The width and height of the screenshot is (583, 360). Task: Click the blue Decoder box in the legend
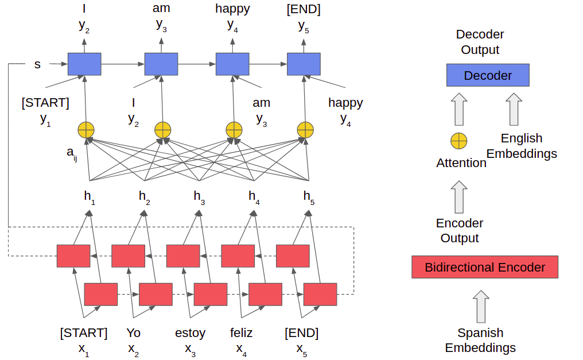488,75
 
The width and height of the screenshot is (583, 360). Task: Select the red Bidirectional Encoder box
484,267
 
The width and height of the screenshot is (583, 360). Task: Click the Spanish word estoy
190,333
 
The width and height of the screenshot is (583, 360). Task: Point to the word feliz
241,333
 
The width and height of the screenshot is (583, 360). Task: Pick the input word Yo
133,333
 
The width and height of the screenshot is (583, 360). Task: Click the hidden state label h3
199,197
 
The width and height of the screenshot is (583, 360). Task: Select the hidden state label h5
309,197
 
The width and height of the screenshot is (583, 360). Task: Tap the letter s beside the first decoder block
37,64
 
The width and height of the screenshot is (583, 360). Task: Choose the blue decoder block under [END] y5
304,64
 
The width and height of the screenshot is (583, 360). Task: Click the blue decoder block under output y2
84,64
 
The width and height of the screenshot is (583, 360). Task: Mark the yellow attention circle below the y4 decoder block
234,130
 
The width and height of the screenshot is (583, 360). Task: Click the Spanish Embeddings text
480,340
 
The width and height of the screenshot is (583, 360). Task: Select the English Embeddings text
522,146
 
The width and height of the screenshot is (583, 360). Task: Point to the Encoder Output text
460,230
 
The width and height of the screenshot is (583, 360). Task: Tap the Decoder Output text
480,42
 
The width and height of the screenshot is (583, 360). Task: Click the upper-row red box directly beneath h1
73,256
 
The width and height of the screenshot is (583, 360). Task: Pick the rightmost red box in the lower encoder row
320,294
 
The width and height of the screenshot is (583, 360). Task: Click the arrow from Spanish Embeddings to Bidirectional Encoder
480,307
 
